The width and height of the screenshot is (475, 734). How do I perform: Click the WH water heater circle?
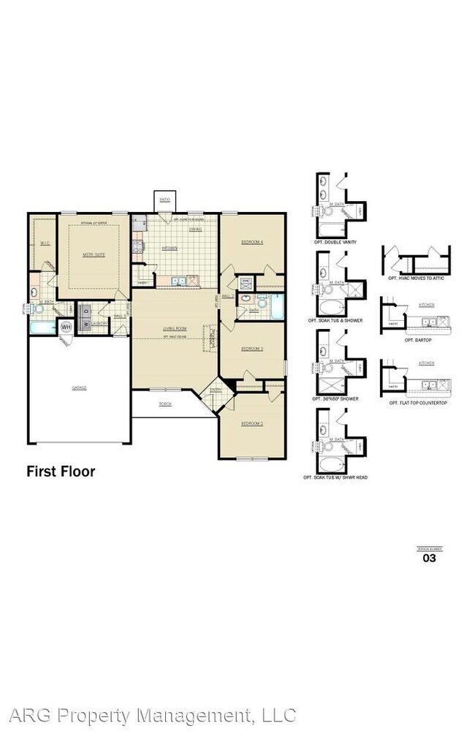[x=65, y=326]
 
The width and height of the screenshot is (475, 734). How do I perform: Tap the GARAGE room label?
[x=79, y=387]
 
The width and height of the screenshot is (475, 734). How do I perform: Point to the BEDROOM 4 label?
[x=252, y=242]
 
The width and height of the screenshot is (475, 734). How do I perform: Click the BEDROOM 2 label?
[x=251, y=423]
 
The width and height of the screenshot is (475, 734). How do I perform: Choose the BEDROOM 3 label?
[x=252, y=349]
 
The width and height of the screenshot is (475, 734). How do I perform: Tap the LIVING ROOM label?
[x=175, y=329]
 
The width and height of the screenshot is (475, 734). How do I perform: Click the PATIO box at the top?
[x=164, y=200]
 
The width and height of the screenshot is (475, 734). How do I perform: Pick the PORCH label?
[x=166, y=403]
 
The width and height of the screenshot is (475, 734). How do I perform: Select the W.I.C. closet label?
[x=44, y=243]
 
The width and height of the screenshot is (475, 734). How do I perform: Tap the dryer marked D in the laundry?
[x=85, y=309]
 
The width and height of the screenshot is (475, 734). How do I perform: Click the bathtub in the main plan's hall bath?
[x=275, y=308]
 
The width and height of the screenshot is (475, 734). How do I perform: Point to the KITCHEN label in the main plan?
[x=170, y=248]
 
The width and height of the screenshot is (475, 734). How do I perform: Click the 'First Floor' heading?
[x=61, y=472]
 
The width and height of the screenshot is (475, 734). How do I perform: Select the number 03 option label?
[x=430, y=559]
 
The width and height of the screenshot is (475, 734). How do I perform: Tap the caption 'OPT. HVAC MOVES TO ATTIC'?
[x=417, y=279]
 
